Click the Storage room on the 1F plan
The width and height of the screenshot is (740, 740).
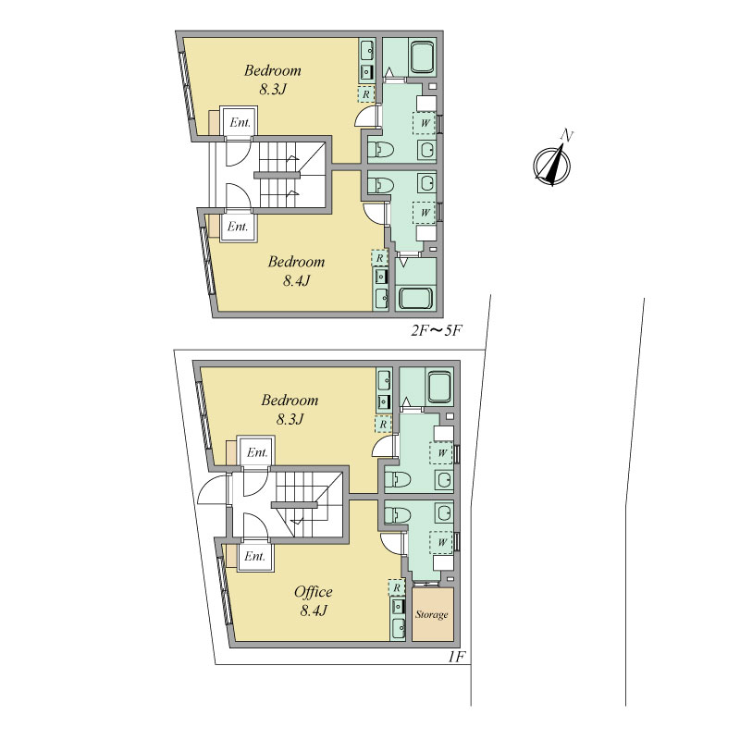[x=433, y=614]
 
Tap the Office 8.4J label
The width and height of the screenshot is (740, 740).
[x=313, y=601]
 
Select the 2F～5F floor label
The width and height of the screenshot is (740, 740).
[x=435, y=330]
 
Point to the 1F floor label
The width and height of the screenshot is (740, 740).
[x=457, y=657]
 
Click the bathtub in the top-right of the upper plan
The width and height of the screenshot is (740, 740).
[x=424, y=58]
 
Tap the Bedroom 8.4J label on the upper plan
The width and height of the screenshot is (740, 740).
[x=296, y=271]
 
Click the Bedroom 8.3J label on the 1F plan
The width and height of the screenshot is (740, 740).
[x=290, y=410]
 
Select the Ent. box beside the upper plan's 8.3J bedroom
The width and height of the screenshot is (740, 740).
[x=240, y=122]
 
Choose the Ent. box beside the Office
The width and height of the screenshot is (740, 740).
[x=255, y=556]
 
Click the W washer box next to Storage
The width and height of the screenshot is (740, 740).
[x=441, y=542]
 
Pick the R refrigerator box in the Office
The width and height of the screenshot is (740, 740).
[x=397, y=587]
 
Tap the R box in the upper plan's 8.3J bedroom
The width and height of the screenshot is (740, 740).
[x=365, y=94]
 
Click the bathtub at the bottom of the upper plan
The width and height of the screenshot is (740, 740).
[x=415, y=298]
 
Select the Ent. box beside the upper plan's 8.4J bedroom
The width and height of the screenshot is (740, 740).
[x=238, y=227]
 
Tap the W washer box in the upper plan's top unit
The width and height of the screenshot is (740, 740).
[x=425, y=123]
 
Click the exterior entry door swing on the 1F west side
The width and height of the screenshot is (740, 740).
[x=214, y=489]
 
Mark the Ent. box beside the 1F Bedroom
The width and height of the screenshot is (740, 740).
[x=257, y=452]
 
